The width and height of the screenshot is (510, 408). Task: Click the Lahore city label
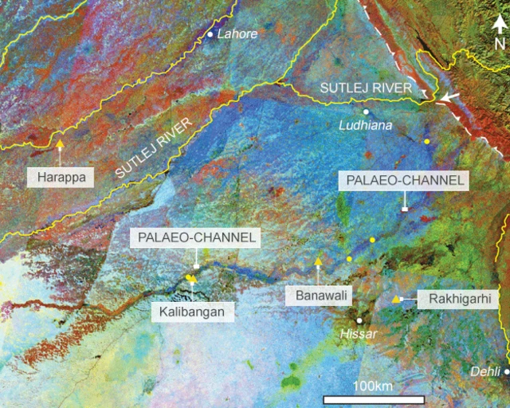tap(237, 34)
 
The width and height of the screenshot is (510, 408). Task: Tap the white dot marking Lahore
tap(210, 34)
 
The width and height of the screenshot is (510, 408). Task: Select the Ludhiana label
tap(363, 125)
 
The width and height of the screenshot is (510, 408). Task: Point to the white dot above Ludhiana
tap(365, 112)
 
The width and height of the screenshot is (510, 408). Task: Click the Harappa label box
tap(61, 175)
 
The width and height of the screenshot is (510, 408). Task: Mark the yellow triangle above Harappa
tap(60, 144)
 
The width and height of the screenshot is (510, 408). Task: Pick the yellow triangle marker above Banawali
tap(318, 261)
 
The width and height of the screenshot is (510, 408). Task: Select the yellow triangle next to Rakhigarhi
tap(396, 299)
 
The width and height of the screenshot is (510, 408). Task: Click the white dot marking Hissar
tap(347, 320)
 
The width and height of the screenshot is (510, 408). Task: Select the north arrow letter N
tap(500, 42)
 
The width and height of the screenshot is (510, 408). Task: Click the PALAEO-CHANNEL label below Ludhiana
tap(404, 181)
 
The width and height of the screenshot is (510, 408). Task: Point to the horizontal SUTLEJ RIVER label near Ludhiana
tap(366, 87)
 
